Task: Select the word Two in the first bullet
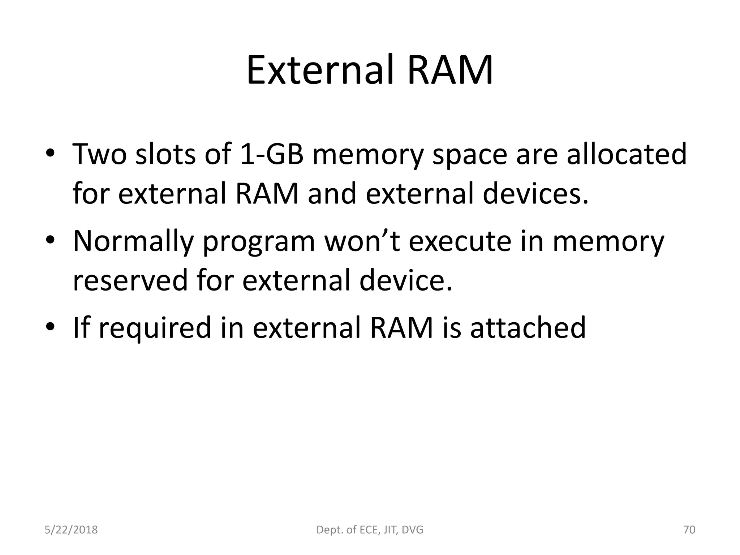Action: coord(100,154)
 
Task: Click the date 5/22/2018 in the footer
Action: coord(71,530)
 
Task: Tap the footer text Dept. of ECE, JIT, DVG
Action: coord(370,530)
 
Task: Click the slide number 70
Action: coord(689,530)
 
